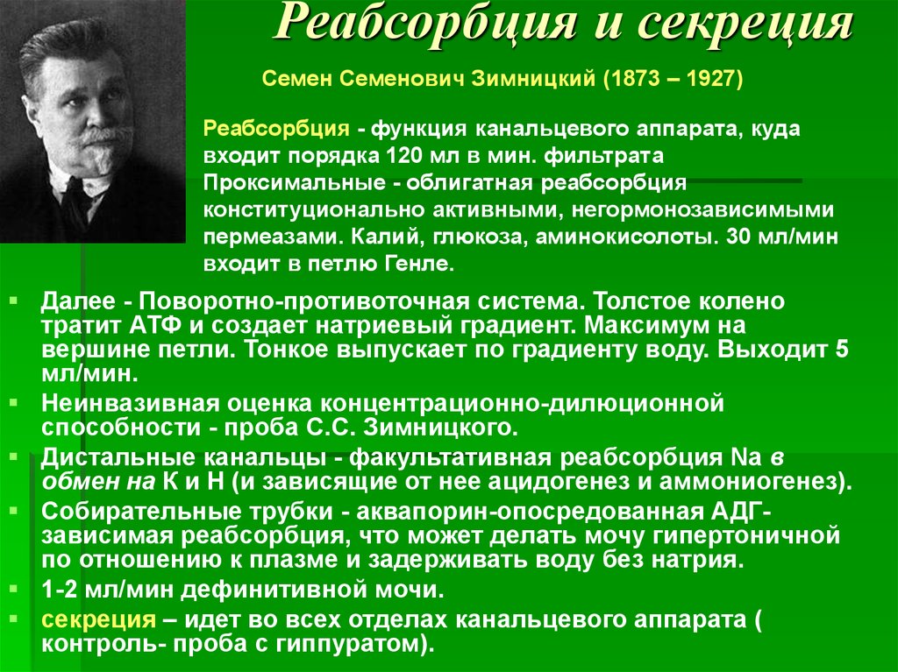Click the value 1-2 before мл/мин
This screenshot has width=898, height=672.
pos(60,590)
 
